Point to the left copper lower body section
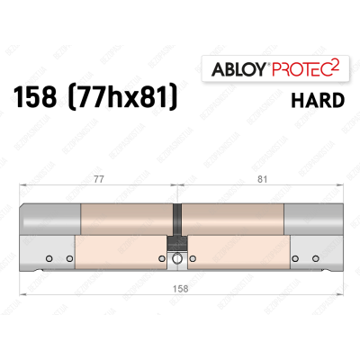[117, 254]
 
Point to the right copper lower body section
[238, 254]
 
